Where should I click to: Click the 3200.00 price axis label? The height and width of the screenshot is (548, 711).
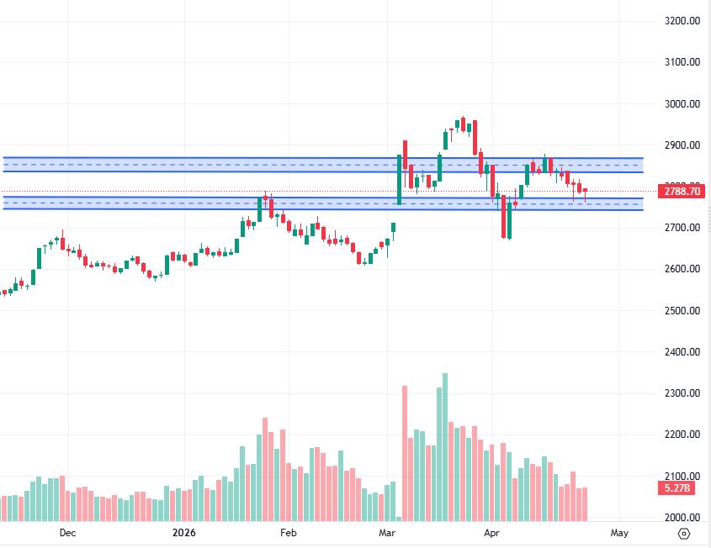click(682, 21)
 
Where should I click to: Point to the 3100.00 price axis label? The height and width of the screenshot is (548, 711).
click(682, 62)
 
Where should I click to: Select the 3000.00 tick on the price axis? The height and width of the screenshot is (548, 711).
click(682, 104)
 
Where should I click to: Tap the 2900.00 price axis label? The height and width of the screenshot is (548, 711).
click(682, 145)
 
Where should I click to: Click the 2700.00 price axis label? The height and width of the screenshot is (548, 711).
click(682, 228)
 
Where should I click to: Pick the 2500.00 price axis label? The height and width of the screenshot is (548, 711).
click(682, 311)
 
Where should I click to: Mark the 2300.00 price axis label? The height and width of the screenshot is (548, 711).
click(682, 393)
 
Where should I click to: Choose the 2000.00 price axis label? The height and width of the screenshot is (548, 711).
click(682, 518)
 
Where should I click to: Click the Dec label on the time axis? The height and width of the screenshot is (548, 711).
click(67, 532)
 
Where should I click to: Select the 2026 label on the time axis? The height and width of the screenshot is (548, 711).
click(183, 532)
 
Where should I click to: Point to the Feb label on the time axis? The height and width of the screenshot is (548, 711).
click(288, 532)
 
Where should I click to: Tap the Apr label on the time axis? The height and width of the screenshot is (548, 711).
click(491, 532)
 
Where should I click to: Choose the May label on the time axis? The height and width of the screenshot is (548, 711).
click(619, 532)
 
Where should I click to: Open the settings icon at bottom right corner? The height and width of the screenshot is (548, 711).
click(684, 533)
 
